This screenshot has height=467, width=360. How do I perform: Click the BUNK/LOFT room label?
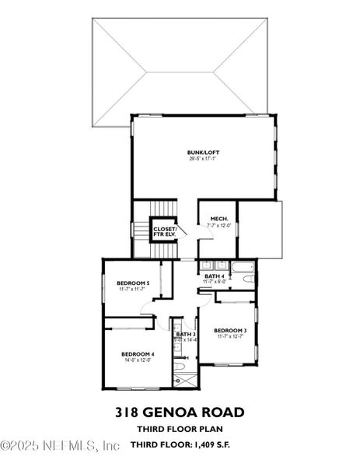[201, 152]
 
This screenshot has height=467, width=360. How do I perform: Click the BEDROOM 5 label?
[132, 283]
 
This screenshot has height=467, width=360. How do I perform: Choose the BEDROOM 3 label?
[229, 330]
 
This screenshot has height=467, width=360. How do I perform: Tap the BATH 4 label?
[215, 276]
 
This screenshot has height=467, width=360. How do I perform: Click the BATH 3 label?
[185, 335]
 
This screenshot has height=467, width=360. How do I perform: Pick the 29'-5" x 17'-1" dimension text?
[201, 159]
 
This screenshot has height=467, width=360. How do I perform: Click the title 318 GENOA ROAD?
[180, 413]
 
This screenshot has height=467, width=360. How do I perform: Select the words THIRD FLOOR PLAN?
[180, 430]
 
